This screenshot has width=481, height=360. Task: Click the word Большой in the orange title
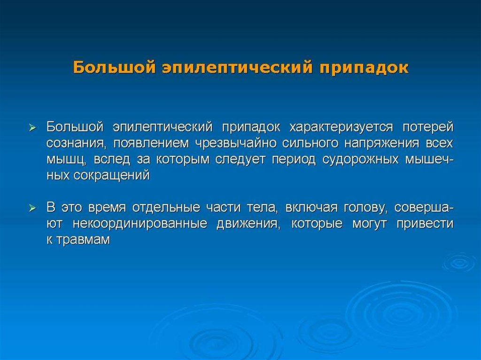point(114,67)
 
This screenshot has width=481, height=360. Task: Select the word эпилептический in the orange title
point(237,68)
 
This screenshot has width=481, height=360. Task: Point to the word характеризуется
point(341,128)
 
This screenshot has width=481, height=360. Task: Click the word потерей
point(428,128)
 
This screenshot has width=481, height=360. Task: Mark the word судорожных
point(360,160)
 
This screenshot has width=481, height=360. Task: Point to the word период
point(294,160)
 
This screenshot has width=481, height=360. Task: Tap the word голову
point(366,208)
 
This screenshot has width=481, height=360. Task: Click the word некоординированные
point(140,224)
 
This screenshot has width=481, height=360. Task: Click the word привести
point(425,224)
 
